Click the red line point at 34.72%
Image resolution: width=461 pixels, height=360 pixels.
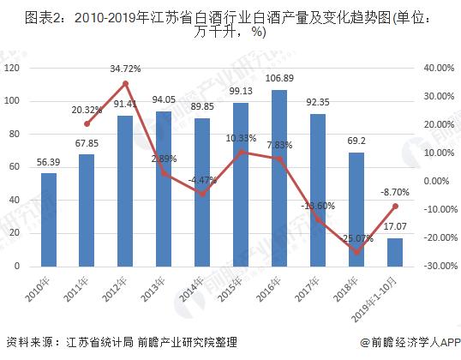click(x=125, y=83)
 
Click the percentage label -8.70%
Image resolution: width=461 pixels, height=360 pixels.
click(x=393, y=193)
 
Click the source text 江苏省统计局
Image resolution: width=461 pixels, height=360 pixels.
click(x=97, y=341)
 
